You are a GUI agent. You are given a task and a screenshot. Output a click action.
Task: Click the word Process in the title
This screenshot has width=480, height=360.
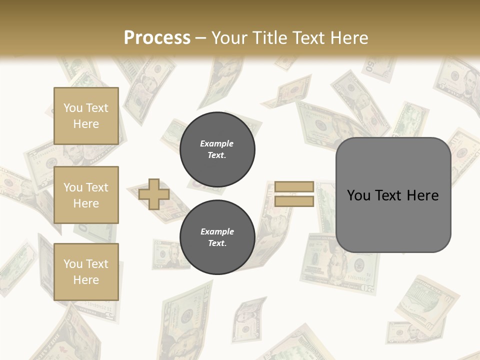157,38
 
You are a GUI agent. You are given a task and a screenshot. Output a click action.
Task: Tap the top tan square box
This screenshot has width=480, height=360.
86,116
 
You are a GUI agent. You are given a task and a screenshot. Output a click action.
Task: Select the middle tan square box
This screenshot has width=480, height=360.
86,195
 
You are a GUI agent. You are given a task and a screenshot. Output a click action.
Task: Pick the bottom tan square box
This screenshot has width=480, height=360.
86,272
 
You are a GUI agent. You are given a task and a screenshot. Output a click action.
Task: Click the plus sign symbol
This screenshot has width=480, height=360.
154,194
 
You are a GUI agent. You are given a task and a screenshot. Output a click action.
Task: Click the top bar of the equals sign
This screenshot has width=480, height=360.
294,187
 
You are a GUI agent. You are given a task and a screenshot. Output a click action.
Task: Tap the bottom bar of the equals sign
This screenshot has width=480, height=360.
294,201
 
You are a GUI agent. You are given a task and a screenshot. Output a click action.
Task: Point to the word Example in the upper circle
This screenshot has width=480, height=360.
216,143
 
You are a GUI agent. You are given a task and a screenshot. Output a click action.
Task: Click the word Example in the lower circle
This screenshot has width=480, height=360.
217,231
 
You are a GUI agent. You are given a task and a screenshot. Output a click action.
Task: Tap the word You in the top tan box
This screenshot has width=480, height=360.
73,108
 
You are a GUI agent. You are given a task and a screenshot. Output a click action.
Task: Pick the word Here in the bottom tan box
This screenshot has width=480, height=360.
86,280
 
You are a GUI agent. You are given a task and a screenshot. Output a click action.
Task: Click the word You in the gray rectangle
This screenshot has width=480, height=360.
358,195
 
